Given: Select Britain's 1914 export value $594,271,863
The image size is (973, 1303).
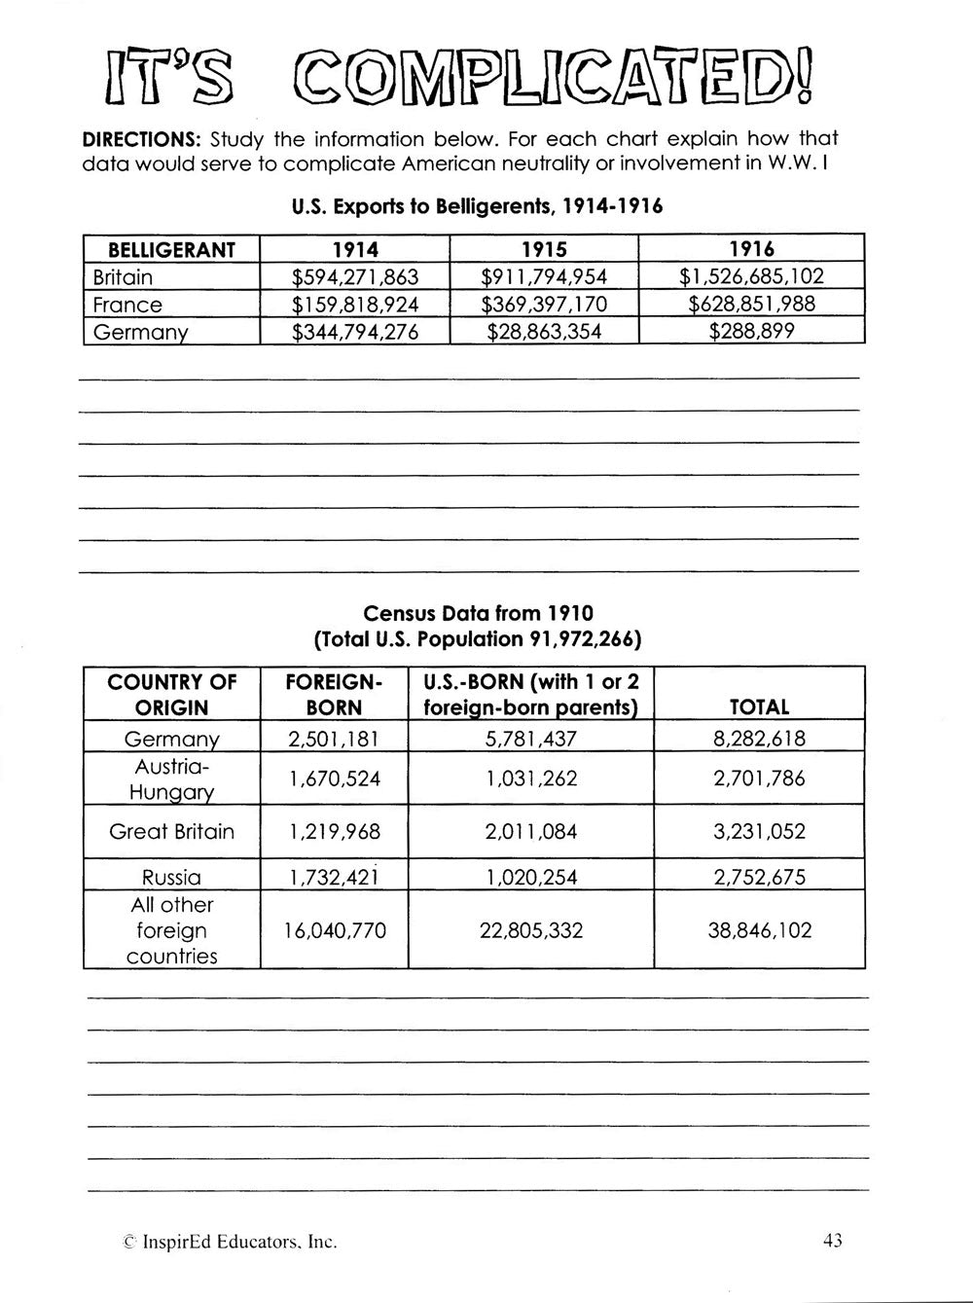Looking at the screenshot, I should [355, 277].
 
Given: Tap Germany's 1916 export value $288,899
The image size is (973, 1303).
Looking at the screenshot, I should [752, 331].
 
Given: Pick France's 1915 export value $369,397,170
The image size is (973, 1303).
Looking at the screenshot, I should [545, 305].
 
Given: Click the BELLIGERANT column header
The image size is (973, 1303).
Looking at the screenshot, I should [171, 250].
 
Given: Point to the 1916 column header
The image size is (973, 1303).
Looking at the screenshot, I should [752, 250].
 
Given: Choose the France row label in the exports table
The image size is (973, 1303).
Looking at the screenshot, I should [127, 305].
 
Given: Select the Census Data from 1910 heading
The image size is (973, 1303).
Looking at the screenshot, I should [478, 614].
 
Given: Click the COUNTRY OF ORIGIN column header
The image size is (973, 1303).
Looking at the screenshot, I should [171, 694].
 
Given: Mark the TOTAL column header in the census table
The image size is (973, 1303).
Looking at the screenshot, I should [759, 707].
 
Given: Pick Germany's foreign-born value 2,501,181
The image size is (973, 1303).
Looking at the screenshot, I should [335, 739].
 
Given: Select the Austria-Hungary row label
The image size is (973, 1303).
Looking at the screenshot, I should [171, 778].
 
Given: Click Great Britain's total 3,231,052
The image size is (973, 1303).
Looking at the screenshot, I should [759, 831].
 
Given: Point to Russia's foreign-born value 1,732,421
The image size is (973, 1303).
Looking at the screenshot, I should [335, 877].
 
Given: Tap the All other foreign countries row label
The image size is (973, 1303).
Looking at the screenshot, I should [171, 930].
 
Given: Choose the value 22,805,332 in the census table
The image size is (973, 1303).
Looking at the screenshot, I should [531, 930].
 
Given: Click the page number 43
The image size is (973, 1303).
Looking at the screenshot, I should [832, 1240].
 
